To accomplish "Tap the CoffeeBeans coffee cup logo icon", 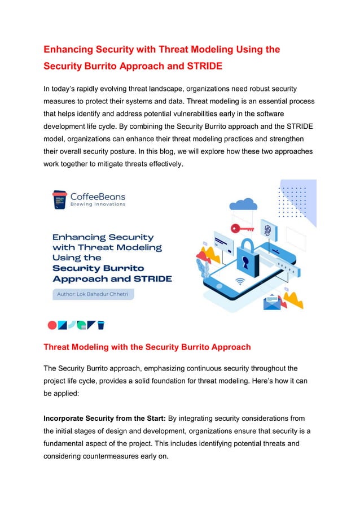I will pyautogui.click(x=59, y=199).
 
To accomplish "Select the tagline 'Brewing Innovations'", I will pyautogui.click(x=98, y=204).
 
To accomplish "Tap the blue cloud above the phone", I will pyautogui.click(x=244, y=204).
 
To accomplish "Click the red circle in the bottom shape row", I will pyautogui.click(x=52, y=325).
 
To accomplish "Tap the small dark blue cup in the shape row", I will pyautogui.click(x=101, y=325).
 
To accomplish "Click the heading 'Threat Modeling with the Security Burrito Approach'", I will pyautogui.click(x=147, y=347).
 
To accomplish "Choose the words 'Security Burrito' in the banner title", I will pyautogui.click(x=98, y=268).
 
